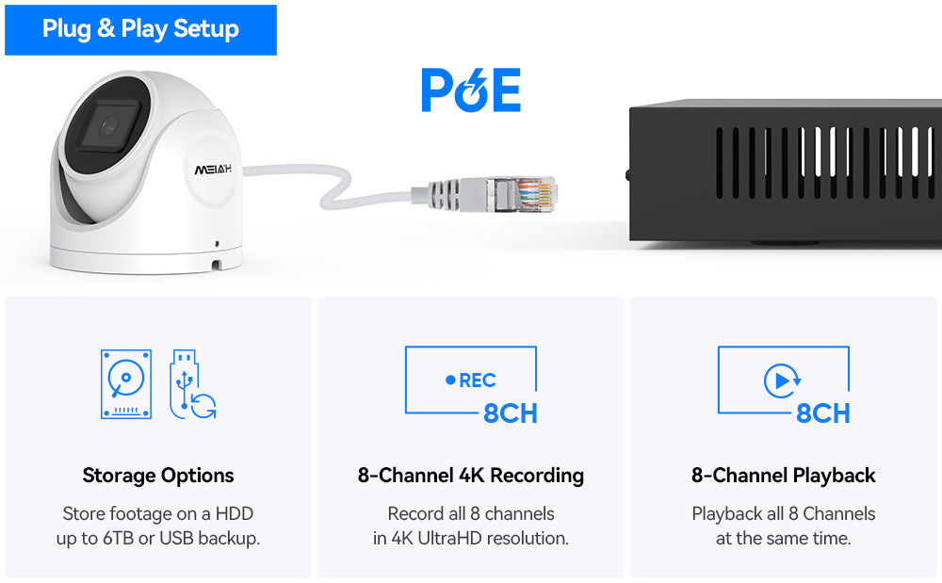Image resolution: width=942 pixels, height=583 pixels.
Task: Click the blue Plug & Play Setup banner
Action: (140, 30)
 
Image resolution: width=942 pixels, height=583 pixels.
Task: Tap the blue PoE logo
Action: (471, 89)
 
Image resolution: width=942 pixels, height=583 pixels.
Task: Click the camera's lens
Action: (109, 126)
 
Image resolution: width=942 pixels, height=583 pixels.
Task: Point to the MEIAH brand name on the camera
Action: (213, 170)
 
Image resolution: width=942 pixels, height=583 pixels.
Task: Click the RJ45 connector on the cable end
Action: (522, 194)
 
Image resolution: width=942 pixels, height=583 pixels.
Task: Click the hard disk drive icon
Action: (126, 384)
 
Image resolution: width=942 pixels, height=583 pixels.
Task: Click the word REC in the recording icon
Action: (477, 381)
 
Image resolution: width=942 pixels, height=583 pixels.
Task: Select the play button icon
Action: (781, 381)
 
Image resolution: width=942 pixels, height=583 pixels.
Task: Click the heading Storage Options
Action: (158, 476)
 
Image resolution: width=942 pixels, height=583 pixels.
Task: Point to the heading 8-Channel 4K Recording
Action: (471, 476)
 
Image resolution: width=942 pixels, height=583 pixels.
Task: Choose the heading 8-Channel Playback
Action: (784, 476)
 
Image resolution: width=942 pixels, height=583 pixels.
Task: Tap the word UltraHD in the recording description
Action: (450, 538)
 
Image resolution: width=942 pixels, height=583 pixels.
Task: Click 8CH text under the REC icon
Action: (510, 413)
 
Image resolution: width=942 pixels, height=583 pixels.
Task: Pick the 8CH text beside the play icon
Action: (823, 413)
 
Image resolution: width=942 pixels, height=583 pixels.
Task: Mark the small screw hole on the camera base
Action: (217, 244)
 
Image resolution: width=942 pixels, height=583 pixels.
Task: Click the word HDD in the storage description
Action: (235, 514)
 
